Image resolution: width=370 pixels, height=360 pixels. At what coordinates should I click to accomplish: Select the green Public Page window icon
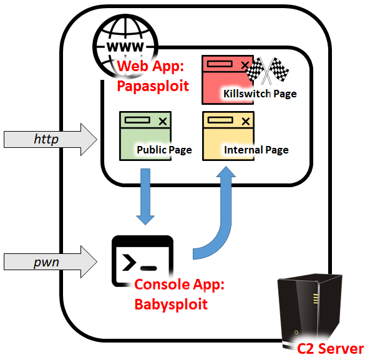click(x=145, y=135)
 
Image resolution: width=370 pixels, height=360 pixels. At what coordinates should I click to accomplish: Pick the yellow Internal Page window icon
click(x=229, y=135)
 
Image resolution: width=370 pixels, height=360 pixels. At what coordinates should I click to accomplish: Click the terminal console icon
click(x=142, y=261)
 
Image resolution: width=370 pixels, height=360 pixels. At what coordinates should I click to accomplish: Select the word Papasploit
click(x=153, y=85)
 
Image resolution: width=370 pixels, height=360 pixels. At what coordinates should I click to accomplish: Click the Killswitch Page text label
click(x=259, y=94)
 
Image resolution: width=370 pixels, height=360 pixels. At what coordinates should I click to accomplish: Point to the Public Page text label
click(x=163, y=150)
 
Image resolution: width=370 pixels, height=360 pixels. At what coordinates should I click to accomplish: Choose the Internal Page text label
click(x=256, y=150)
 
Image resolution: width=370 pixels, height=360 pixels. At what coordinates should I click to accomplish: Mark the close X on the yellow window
click(x=246, y=120)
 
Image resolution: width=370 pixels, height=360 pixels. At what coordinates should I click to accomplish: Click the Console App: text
click(x=179, y=287)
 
